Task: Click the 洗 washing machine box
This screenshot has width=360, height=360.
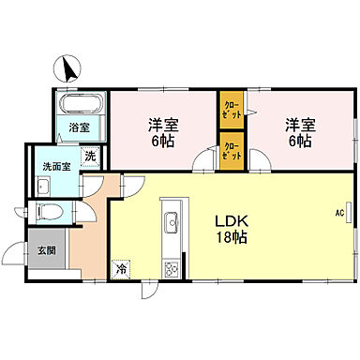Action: (x=91, y=157)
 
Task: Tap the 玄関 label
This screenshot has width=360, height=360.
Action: (x=46, y=250)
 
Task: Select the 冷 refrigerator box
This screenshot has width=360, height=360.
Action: (x=121, y=268)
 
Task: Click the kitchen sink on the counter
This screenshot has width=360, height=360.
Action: (x=171, y=223)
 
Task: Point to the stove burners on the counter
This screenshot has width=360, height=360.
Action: (x=171, y=268)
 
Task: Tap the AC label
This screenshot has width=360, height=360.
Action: (x=339, y=213)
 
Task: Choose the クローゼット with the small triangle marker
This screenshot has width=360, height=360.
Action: (x=230, y=109)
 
